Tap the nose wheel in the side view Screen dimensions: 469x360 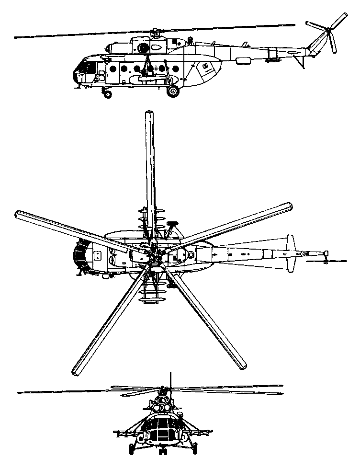tap(108, 94)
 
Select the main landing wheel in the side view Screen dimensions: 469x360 tap(173, 91)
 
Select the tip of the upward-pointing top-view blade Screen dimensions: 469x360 tap(149, 115)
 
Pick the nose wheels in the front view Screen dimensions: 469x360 tap(163, 451)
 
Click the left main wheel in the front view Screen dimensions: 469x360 tap(133, 449)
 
